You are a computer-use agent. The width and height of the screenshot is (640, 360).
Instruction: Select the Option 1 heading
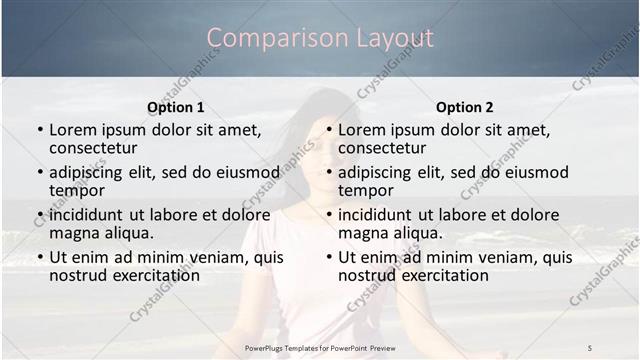[176, 107]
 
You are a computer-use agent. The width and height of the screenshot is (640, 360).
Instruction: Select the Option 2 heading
[465, 107]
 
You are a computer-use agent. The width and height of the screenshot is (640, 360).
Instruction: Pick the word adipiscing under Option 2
[376, 172]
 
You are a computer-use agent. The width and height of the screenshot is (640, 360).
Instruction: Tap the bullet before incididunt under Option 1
[39, 215]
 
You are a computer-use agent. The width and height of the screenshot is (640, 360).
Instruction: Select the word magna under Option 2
[363, 233]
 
